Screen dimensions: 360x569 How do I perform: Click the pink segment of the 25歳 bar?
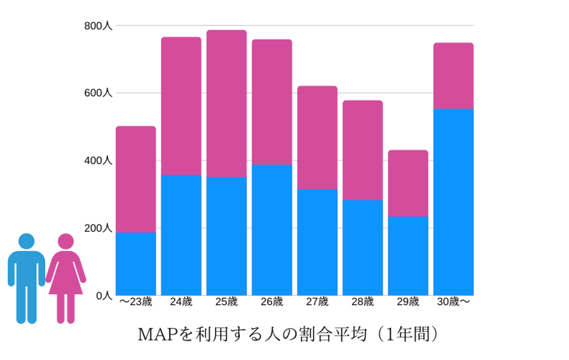[226, 104]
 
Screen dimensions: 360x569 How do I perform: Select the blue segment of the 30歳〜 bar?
[453, 202]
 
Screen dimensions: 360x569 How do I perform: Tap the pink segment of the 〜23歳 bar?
[136, 179]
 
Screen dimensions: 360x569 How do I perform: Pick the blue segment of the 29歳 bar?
[408, 255]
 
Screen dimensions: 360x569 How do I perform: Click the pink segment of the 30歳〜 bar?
[453, 75]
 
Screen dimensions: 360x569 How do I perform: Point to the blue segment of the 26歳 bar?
[272, 230]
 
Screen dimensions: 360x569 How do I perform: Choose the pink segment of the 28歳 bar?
[362, 150]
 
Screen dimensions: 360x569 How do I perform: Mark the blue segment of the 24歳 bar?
[181, 235]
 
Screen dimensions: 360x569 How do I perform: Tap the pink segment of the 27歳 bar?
[317, 138]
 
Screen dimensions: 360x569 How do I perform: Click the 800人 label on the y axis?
[98, 26]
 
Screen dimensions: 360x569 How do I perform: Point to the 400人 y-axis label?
[98, 161]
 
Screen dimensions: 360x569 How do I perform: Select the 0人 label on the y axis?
[104, 296]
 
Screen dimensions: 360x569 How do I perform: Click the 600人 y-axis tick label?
[98, 93]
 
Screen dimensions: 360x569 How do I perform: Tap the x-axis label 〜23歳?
[136, 302]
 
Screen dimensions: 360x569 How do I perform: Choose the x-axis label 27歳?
[317, 302]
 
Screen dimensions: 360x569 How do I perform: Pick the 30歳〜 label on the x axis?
[454, 302]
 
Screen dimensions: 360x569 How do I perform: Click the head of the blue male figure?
[26, 241]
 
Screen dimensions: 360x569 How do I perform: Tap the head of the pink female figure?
[66, 241]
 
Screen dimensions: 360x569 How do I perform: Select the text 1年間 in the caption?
[407, 334]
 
